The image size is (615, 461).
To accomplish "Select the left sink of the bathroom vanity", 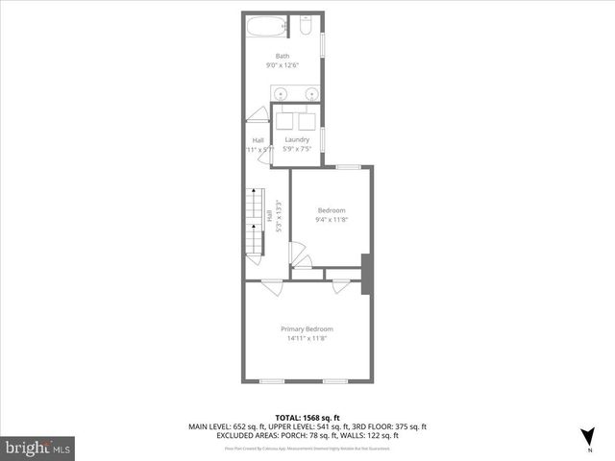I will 280,94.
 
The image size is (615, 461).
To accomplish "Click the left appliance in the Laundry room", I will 285,122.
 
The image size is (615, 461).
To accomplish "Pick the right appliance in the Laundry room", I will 307,122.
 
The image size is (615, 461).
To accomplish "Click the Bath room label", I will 283,56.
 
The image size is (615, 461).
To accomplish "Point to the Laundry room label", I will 297,140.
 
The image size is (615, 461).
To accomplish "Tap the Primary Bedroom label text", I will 307,329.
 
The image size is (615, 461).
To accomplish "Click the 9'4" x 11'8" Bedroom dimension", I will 331,220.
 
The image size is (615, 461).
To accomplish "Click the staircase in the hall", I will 253,225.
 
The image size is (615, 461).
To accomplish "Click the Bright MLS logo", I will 38,448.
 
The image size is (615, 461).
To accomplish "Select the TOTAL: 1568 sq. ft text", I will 307,416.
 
